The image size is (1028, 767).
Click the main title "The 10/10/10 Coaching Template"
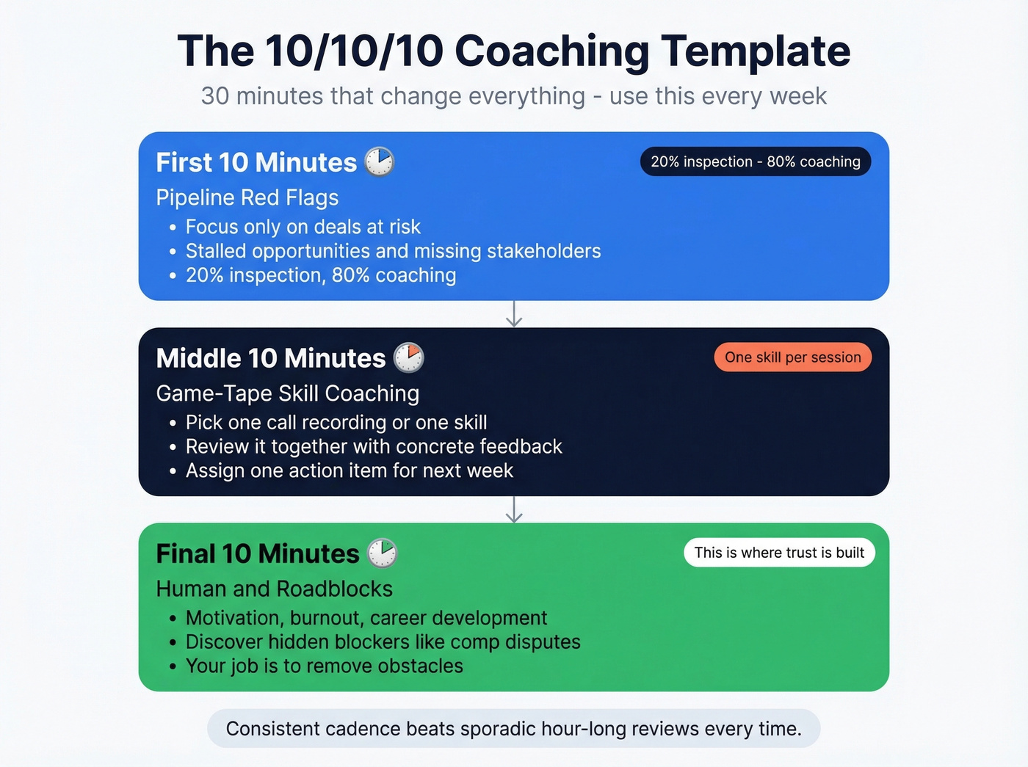[x=514, y=51]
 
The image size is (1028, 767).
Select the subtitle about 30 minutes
[x=514, y=96]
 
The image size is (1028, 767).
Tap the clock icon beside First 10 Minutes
[x=380, y=161]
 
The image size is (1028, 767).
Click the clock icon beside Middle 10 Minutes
[x=409, y=357]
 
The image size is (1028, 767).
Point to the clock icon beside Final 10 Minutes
[x=382, y=553]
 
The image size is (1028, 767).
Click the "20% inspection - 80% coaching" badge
[x=756, y=161]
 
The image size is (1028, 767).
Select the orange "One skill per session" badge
[x=793, y=357]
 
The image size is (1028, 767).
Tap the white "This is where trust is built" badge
[x=779, y=553]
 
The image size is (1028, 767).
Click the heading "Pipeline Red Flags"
[x=247, y=197]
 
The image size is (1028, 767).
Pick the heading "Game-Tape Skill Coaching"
[x=288, y=393]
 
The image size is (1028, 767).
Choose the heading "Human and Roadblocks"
[x=275, y=589]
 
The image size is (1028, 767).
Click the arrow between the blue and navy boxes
[x=514, y=314]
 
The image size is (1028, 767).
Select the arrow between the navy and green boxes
[x=514, y=509]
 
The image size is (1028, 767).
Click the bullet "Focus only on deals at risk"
[x=303, y=227]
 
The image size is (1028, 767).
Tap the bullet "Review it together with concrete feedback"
[x=374, y=446]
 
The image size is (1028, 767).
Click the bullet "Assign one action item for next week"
[x=350, y=470]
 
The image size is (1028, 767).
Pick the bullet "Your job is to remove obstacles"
[x=325, y=666]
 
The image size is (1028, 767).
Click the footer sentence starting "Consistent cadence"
[x=514, y=729]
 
